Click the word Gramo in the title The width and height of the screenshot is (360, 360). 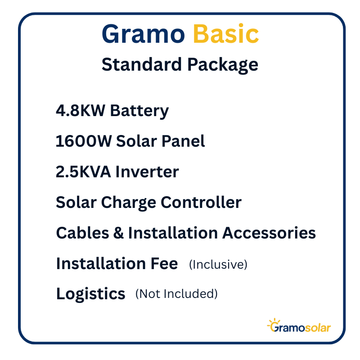pos(143,34)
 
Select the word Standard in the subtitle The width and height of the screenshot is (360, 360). pos(142,64)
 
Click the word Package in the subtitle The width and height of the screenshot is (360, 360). pos(223,65)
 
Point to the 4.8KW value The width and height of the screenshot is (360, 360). pos(81,110)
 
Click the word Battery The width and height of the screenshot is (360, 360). pos(139,111)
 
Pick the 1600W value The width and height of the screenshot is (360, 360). pos(84,141)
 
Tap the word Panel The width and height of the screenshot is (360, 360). pos(183,141)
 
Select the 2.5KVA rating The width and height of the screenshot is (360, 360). pos(83,171)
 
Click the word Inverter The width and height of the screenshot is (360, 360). pos(147,171)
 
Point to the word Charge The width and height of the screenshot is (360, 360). pos(129,203)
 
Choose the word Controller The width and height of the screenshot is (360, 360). pos(201,202)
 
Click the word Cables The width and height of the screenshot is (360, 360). pos(82,233)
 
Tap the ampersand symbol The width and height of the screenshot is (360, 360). pos(118,233)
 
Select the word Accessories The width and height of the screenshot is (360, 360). pos(269,233)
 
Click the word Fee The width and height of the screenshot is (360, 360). pos(164,263)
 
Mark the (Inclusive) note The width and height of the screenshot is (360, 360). pos(218,264)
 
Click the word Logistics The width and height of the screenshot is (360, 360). pos(91,294)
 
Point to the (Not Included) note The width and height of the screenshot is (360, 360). pos(176,294)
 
